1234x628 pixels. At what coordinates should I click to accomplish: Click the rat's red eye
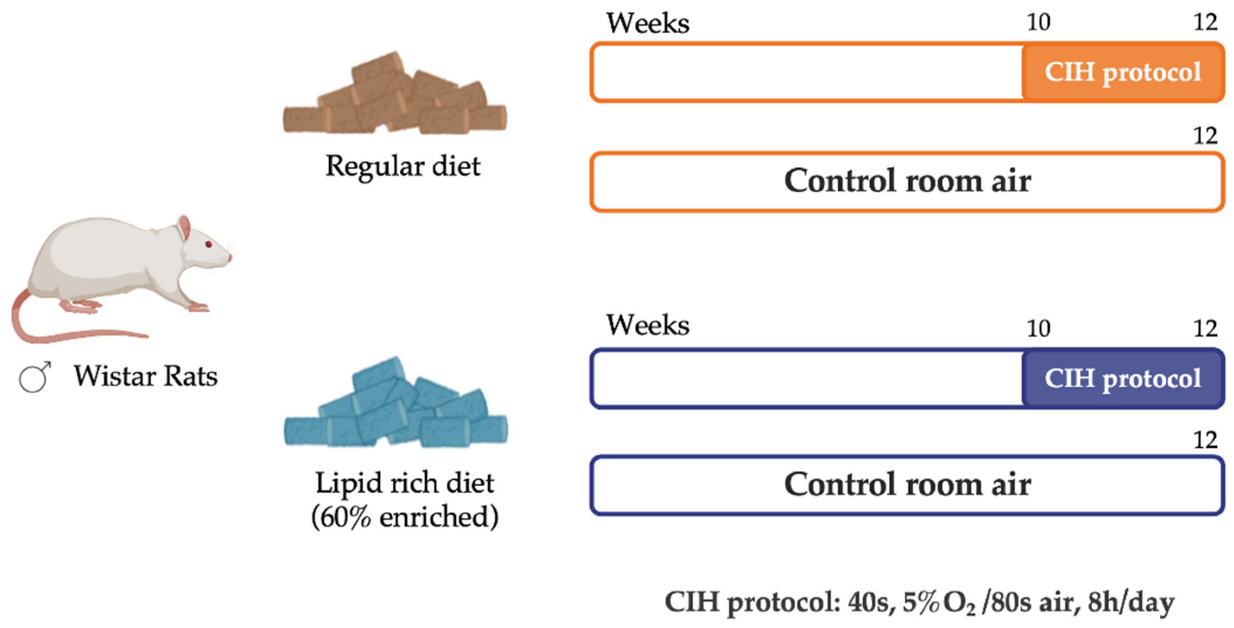[x=208, y=244]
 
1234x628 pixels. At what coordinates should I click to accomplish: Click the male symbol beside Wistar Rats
[x=35, y=377]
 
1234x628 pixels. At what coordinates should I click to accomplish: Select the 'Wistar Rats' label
[x=145, y=376]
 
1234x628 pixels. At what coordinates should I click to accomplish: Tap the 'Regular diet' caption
[x=402, y=167]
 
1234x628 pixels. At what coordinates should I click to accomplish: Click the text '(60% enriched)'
[x=405, y=517]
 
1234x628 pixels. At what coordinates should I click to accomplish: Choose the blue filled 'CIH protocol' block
[x=1123, y=379]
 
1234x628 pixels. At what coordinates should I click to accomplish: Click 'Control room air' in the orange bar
[x=907, y=182]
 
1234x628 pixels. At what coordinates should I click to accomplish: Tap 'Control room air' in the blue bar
[x=907, y=485]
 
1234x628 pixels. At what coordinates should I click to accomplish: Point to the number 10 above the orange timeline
[x=1038, y=22]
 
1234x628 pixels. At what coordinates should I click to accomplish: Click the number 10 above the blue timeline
[x=1038, y=329]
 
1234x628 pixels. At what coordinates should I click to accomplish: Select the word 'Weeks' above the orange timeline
[x=647, y=23]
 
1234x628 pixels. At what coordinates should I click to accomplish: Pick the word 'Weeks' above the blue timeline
[x=647, y=326]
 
